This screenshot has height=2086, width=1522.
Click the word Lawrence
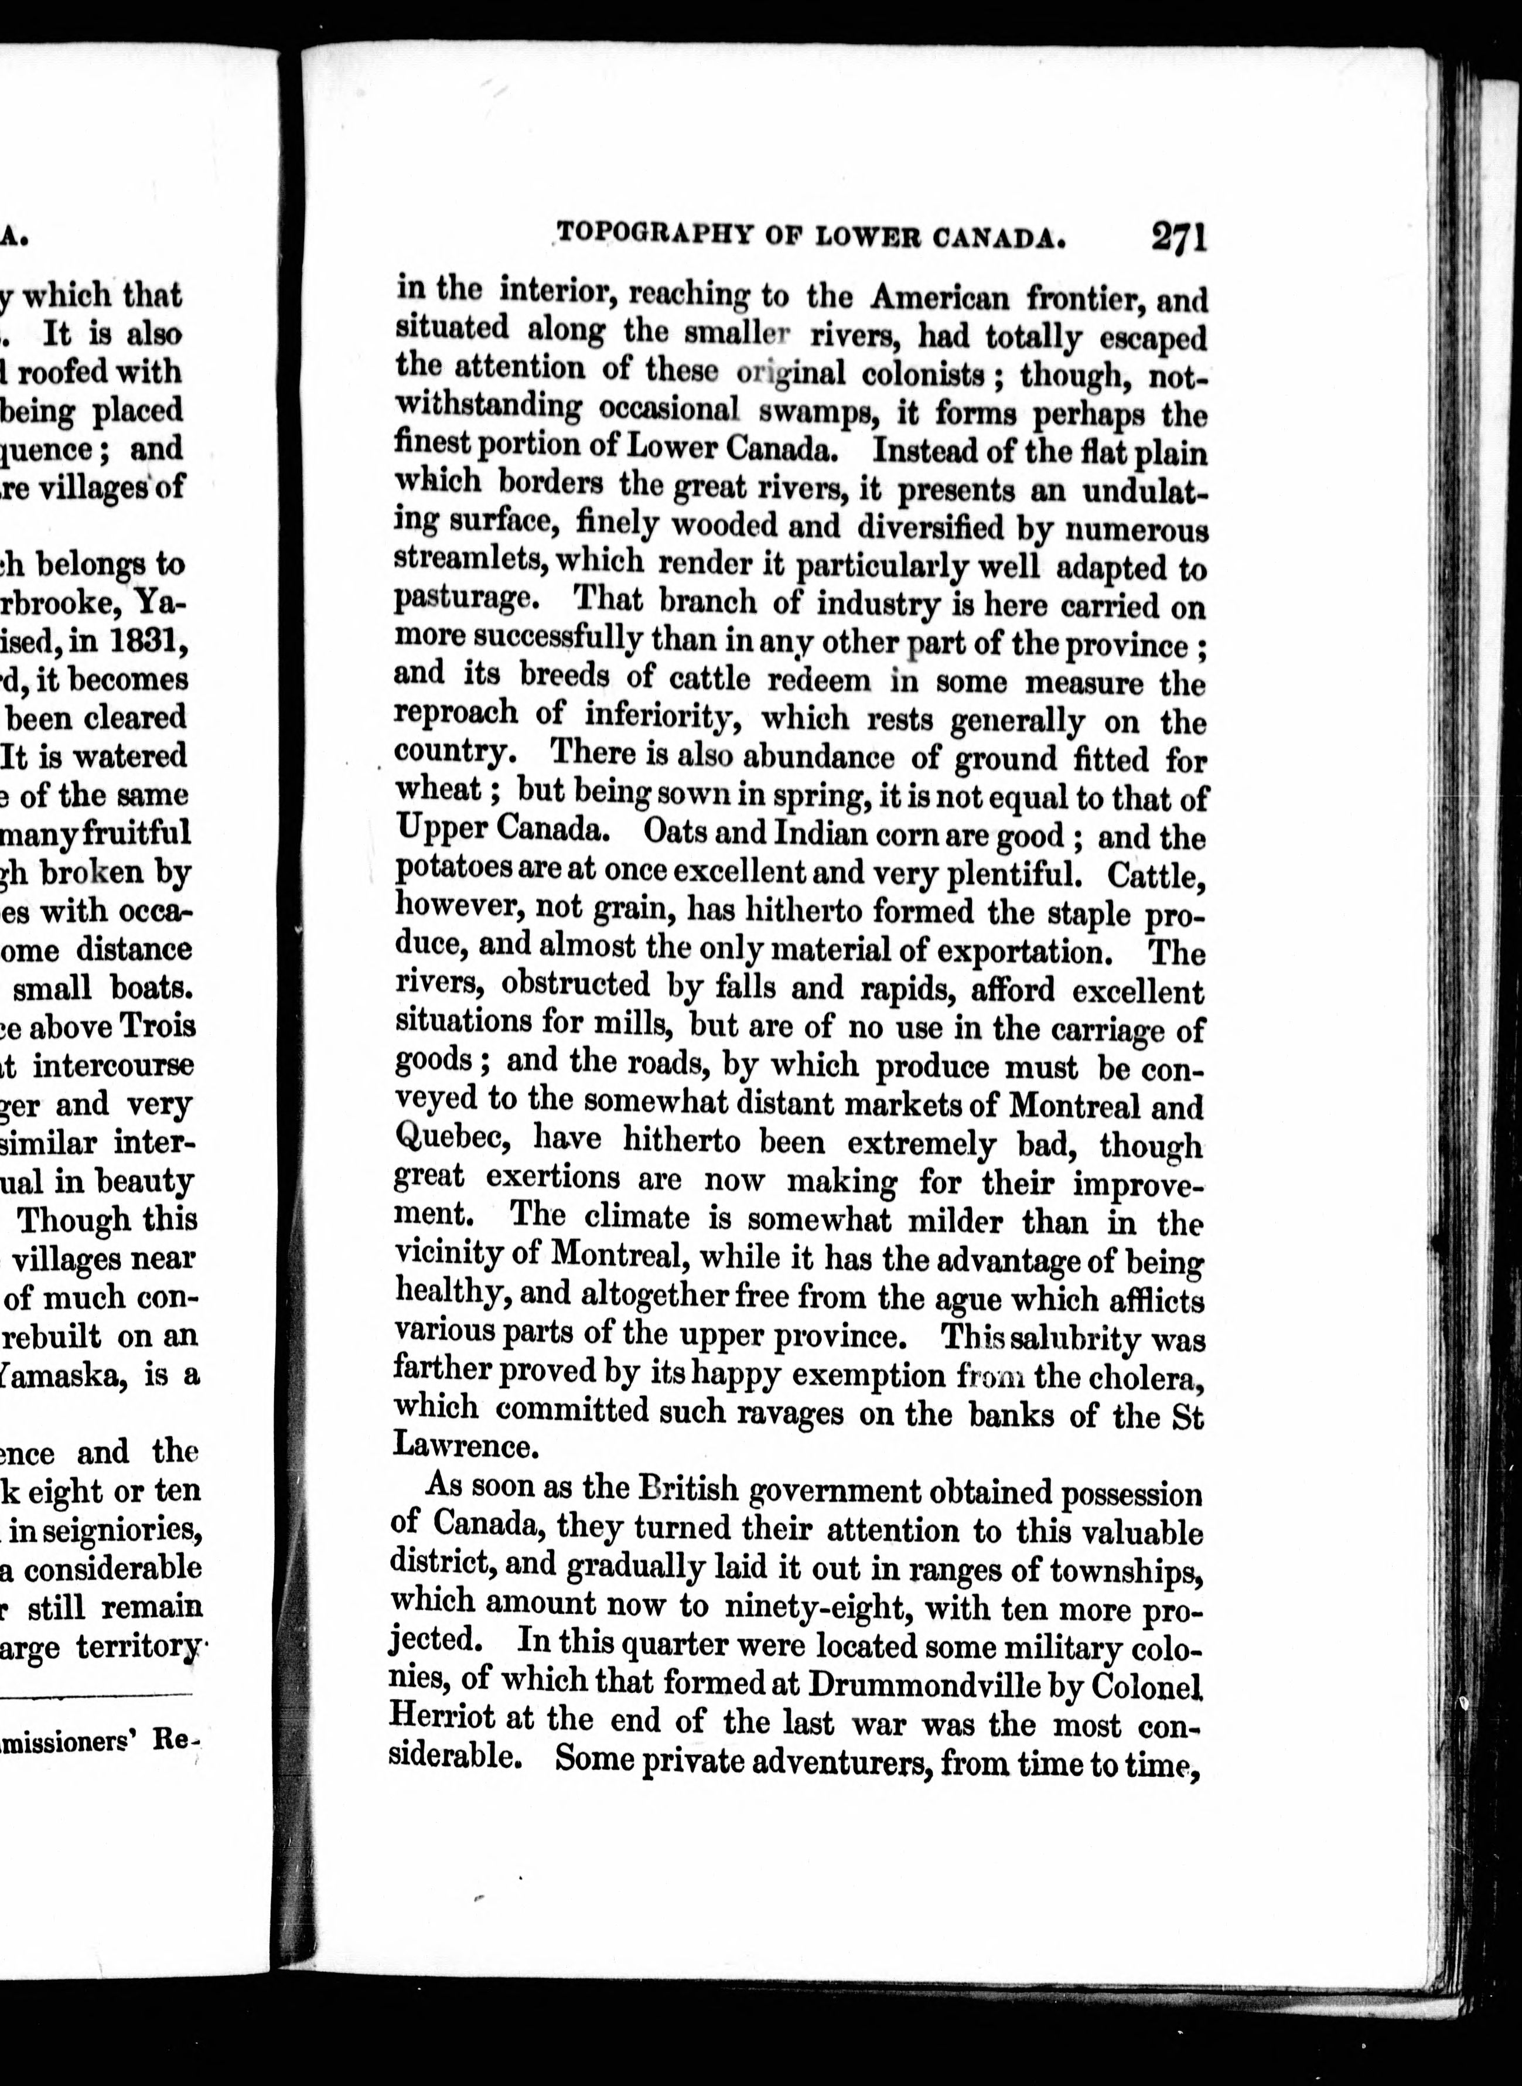pos(463,1446)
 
